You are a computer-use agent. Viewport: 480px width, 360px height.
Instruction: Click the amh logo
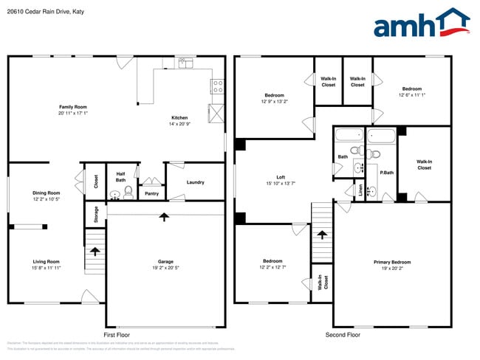click(421, 24)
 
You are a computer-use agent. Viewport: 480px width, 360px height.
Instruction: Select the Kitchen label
click(179, 118)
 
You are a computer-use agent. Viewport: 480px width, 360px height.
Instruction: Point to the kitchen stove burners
click(218, 86)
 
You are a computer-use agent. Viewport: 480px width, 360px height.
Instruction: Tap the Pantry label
click(151, 194)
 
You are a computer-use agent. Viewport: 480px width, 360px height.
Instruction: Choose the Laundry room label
click(195, 182)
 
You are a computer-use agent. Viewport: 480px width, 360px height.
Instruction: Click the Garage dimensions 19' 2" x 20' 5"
click(165, 268)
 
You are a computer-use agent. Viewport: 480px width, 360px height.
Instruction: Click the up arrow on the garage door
click(164, 216)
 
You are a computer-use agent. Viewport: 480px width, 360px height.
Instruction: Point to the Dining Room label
click(46, 193)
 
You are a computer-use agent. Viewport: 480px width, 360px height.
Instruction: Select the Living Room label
click(46, 262)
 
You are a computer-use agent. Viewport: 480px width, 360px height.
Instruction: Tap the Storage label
click(96, 215)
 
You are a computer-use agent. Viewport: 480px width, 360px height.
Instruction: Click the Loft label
click(281, 177)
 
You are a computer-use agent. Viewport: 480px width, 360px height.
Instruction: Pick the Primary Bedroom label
click(391, 262)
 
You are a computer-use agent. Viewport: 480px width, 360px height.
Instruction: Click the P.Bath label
click(385, 173)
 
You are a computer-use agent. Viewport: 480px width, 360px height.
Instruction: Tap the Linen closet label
click(361, 191)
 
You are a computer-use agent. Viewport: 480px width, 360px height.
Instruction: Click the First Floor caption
click(117, 335)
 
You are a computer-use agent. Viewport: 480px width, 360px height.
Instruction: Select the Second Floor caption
click(343, 335)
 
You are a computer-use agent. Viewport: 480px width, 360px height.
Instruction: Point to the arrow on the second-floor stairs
click(322, 235)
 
